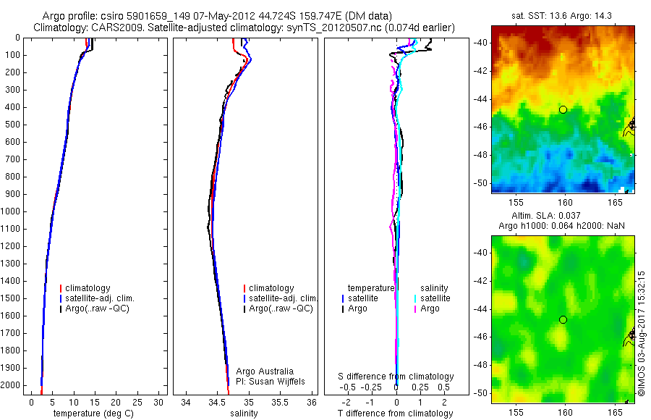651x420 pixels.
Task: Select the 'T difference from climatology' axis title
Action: point(395,413)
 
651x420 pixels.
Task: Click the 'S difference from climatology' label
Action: point(396,377)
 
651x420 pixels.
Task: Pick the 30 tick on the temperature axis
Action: point(160,402)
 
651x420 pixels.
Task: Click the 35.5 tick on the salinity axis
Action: point(281,402)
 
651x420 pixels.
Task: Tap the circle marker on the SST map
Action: point(563,109)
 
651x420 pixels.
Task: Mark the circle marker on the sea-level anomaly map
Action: point(563,319)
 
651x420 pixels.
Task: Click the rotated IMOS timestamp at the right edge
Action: point(641,333)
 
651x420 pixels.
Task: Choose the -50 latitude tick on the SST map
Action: point(481,183)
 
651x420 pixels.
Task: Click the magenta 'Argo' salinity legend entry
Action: point(431,308)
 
